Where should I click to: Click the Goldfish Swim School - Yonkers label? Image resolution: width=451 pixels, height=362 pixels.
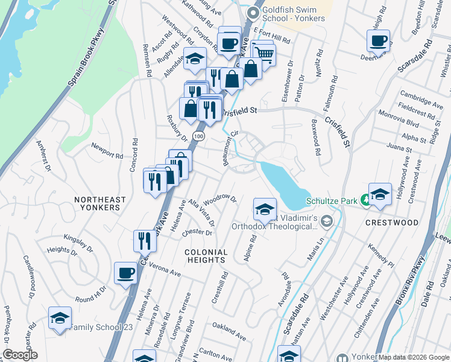[294, 14]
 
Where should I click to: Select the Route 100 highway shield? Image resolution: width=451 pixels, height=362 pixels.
[198, 137]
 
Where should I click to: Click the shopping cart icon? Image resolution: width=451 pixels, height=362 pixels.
[264, 54]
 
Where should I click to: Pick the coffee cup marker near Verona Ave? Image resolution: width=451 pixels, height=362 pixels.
[125, 273]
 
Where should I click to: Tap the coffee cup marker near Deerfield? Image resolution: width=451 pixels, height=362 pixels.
[378, 41]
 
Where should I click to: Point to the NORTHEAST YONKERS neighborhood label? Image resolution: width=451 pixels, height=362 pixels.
[100, 203]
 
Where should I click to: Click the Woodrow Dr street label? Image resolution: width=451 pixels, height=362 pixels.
[221, 198]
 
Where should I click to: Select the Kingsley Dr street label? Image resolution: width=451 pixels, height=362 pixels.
[78, 243]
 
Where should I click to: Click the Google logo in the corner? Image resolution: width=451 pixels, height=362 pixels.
[20, 355]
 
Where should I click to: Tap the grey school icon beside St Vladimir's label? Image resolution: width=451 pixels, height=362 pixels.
[326, 221]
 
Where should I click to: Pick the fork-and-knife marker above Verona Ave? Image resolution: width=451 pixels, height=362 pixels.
[145, 240]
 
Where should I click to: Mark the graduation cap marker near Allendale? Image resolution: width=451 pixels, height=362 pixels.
[195, 59]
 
